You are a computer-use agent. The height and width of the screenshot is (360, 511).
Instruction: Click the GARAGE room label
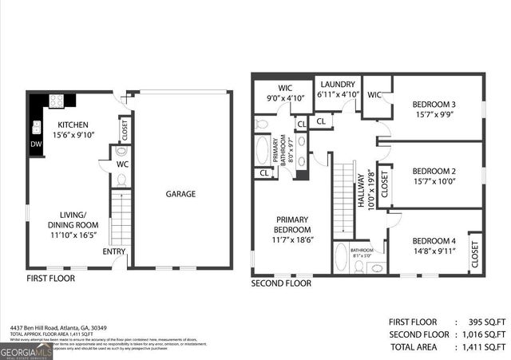point(180,194)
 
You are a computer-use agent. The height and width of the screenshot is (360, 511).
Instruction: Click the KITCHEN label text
point(73,125)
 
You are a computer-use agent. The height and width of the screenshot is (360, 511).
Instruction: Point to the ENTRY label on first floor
point(113,252)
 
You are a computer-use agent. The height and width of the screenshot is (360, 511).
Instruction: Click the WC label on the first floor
point(122,164)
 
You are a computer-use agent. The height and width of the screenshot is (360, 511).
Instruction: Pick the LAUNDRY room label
point(337,84)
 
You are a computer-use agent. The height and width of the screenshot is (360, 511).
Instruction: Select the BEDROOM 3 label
point(434,105)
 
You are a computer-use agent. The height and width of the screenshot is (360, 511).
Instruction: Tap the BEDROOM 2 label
point(434,170)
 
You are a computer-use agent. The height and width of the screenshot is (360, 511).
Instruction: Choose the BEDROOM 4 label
point(434,240)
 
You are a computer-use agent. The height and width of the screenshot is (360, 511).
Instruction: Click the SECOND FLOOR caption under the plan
point(281,283)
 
